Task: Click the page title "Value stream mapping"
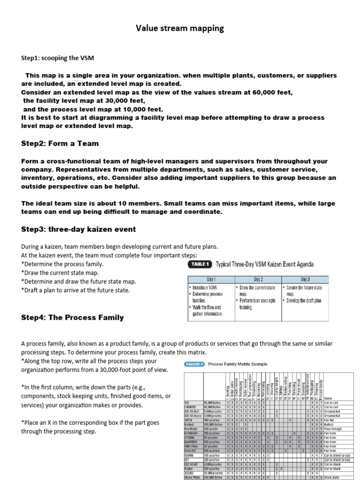[x=180, y=29]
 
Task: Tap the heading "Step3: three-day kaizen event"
[x=78, y=229]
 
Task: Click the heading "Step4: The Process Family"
[x=72, y=317]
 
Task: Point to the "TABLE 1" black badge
[x=200, y=264]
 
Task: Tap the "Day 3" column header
[x=305, y=279]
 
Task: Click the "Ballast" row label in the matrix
[x=189, y=424]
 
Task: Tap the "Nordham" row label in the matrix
[x=190, y=429]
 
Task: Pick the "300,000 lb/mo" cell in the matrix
[x=213, y=424]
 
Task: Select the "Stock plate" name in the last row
[x=332, y=477]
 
